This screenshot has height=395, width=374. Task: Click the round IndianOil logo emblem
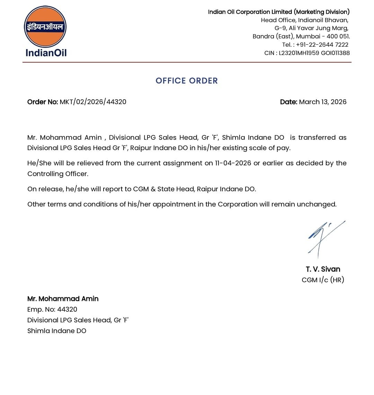[45, 27]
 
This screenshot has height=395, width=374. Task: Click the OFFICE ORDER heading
[187, 81]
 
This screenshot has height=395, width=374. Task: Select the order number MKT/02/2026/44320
[93, 102]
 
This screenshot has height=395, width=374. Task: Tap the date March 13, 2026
[322, 102]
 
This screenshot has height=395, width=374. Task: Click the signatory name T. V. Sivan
[323, 269]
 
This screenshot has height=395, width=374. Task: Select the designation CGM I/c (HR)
[323, 280]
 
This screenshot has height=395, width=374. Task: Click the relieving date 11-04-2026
[233, 163]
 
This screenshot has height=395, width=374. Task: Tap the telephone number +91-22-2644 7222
[322, 45]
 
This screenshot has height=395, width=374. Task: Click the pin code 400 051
[338, 36]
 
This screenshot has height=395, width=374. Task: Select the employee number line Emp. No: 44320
[52, 309]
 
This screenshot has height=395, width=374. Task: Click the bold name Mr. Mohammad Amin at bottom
[63, 298]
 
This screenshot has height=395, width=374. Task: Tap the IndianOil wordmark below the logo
[46, 53]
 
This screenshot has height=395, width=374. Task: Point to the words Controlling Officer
[57, 174]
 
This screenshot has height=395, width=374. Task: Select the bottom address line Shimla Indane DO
[57, 331]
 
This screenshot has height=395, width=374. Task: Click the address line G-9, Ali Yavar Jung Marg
[311, 28]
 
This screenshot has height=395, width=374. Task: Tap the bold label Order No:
[43, 102]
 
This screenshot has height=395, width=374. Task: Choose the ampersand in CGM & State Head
[153, 189]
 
